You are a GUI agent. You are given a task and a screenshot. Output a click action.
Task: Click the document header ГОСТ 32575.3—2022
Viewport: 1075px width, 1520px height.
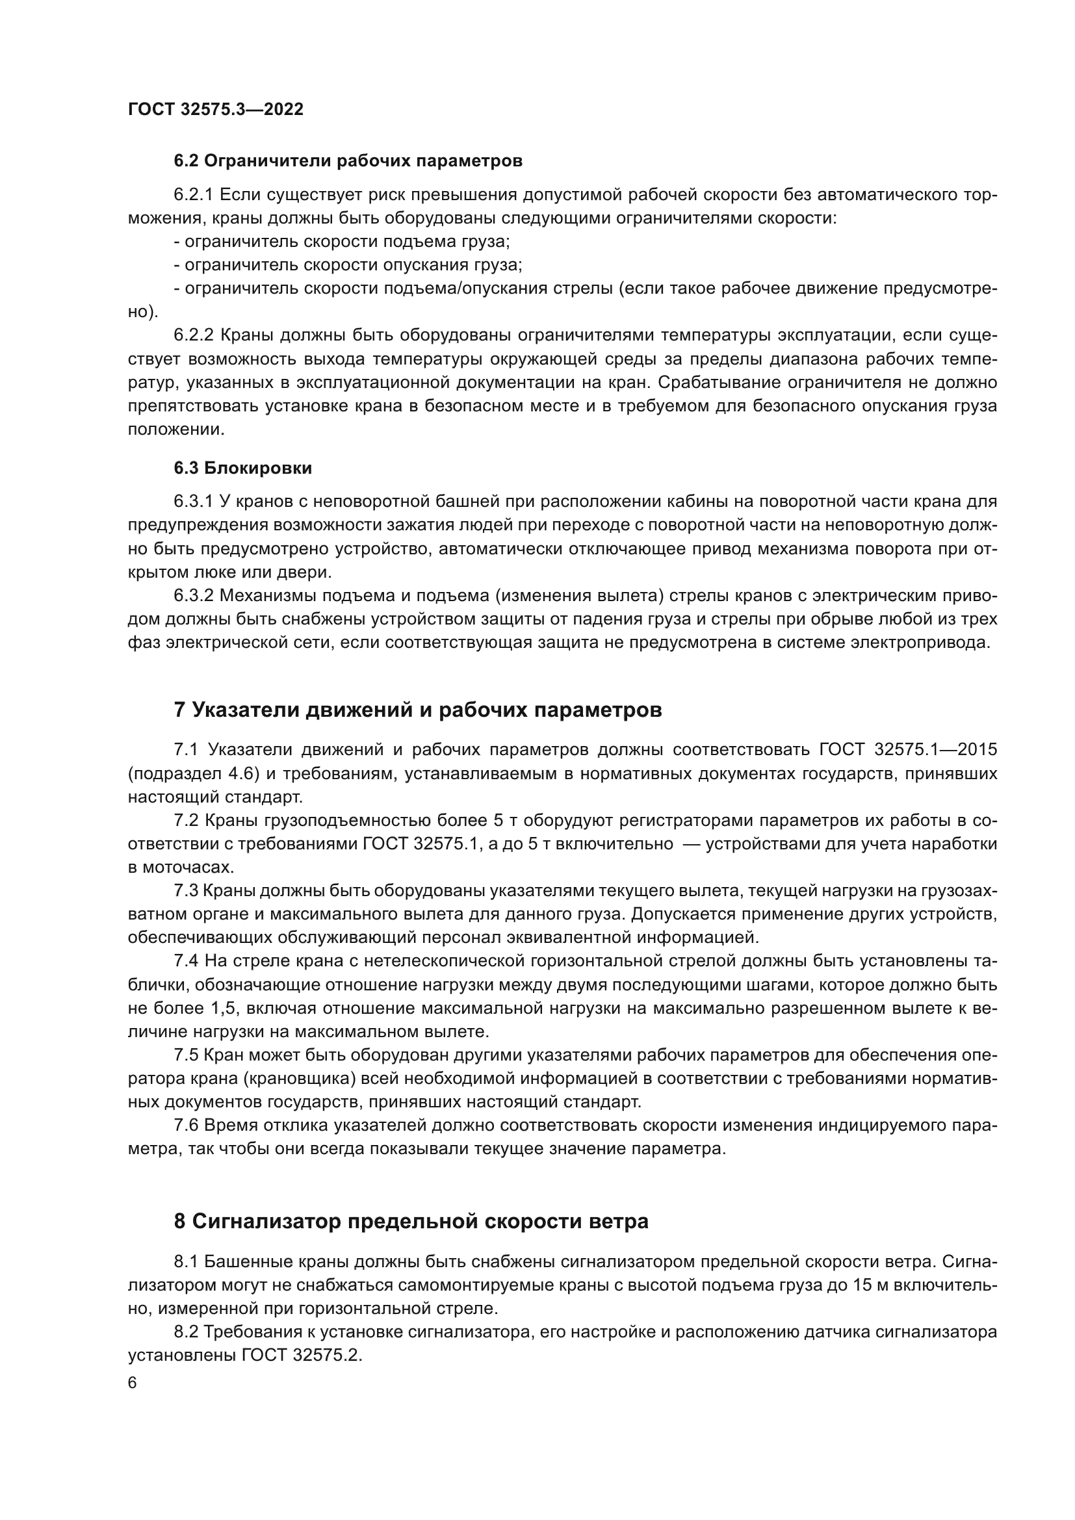pos(216,110)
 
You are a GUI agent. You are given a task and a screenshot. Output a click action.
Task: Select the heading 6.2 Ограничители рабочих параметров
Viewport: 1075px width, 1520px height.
pos(348,161)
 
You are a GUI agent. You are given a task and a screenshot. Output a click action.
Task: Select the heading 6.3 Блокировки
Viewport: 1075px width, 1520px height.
pos(243,468)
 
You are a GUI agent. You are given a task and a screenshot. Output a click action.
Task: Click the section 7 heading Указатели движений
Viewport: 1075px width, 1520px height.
pos(418,710)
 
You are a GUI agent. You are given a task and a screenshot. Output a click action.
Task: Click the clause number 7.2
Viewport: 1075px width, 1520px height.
pos(186,821)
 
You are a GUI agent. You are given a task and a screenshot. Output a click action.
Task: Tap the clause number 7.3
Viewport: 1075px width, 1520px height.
pos(186,892)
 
